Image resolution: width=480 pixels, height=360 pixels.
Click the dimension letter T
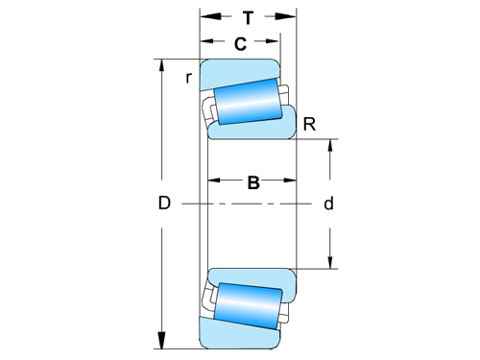pyautogui.click(x=249, y=17)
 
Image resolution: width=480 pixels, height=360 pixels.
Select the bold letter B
pyautogui.click(x=253, y=182)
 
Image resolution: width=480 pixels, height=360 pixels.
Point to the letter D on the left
pyautogui.click(x=164, y=204)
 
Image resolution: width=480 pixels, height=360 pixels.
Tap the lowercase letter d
pyautogui.click(x=328, y=204)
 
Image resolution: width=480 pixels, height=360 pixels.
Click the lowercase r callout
pyautogui.click(x=189, y=77)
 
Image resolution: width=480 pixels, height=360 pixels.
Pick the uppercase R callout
pyautogui.click(x=309, y=123)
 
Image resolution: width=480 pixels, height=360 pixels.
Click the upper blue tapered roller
pyautogui.click(x=248, y=103)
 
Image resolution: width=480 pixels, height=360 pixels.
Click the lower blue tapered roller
pyautogui.click(x=248, y=304)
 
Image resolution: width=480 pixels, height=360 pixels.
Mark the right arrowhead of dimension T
pyautogui.click(x=288, y=17)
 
